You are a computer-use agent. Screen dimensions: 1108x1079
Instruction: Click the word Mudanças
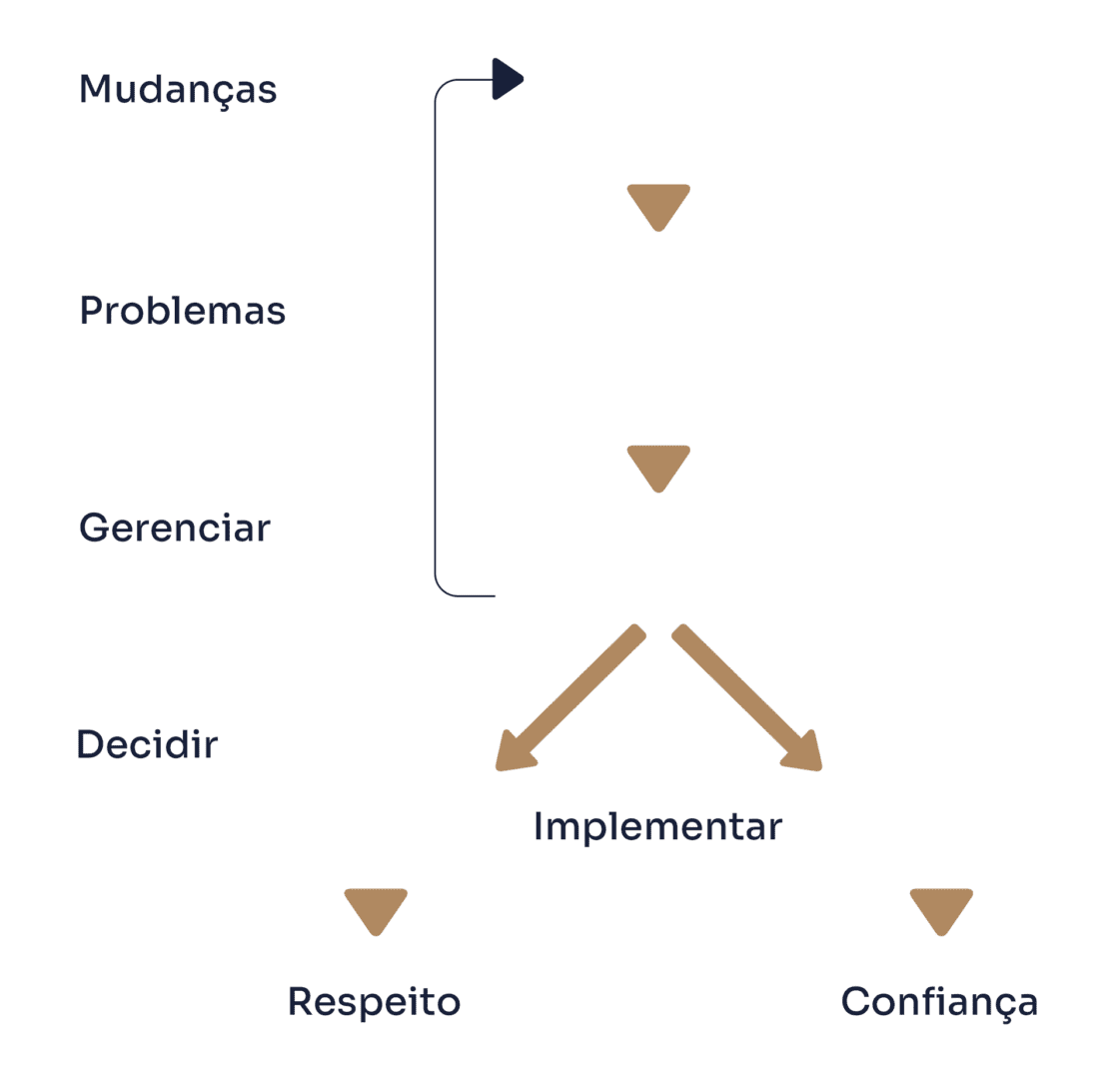[x=178, y=91]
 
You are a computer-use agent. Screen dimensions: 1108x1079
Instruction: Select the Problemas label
[x=182, y=310]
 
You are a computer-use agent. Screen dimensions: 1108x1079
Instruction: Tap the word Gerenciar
[x=175, y=528]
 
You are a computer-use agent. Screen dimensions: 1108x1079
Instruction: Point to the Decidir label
[x=147, y=744]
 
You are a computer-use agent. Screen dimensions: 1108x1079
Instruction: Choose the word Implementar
[x=657, y=827]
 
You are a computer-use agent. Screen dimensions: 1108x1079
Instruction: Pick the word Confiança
[x=939, y=1003]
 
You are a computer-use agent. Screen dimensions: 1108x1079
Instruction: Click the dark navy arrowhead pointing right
[x=508, y=79]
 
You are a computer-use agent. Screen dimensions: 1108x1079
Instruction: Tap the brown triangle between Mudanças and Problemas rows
[x=658, y=208]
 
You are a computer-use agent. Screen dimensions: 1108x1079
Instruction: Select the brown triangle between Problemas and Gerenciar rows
[x=658, y=469]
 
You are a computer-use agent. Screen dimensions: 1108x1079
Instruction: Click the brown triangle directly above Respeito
[x=376, y=912]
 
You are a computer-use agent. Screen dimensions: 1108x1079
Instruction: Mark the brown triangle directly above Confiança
[x=941, y=912]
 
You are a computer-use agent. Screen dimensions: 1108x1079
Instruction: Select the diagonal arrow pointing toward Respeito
[x=570, y=697]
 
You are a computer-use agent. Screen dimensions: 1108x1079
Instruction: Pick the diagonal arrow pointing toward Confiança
[x=747, y=697]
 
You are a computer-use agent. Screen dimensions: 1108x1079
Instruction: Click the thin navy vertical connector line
[x=436, y=338]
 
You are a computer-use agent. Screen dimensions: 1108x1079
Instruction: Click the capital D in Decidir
[x=91, y=744]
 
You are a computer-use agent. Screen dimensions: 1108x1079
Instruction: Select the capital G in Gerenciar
[x=94, y=528]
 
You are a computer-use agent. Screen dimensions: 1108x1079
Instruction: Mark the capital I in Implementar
[x=538, y=826]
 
